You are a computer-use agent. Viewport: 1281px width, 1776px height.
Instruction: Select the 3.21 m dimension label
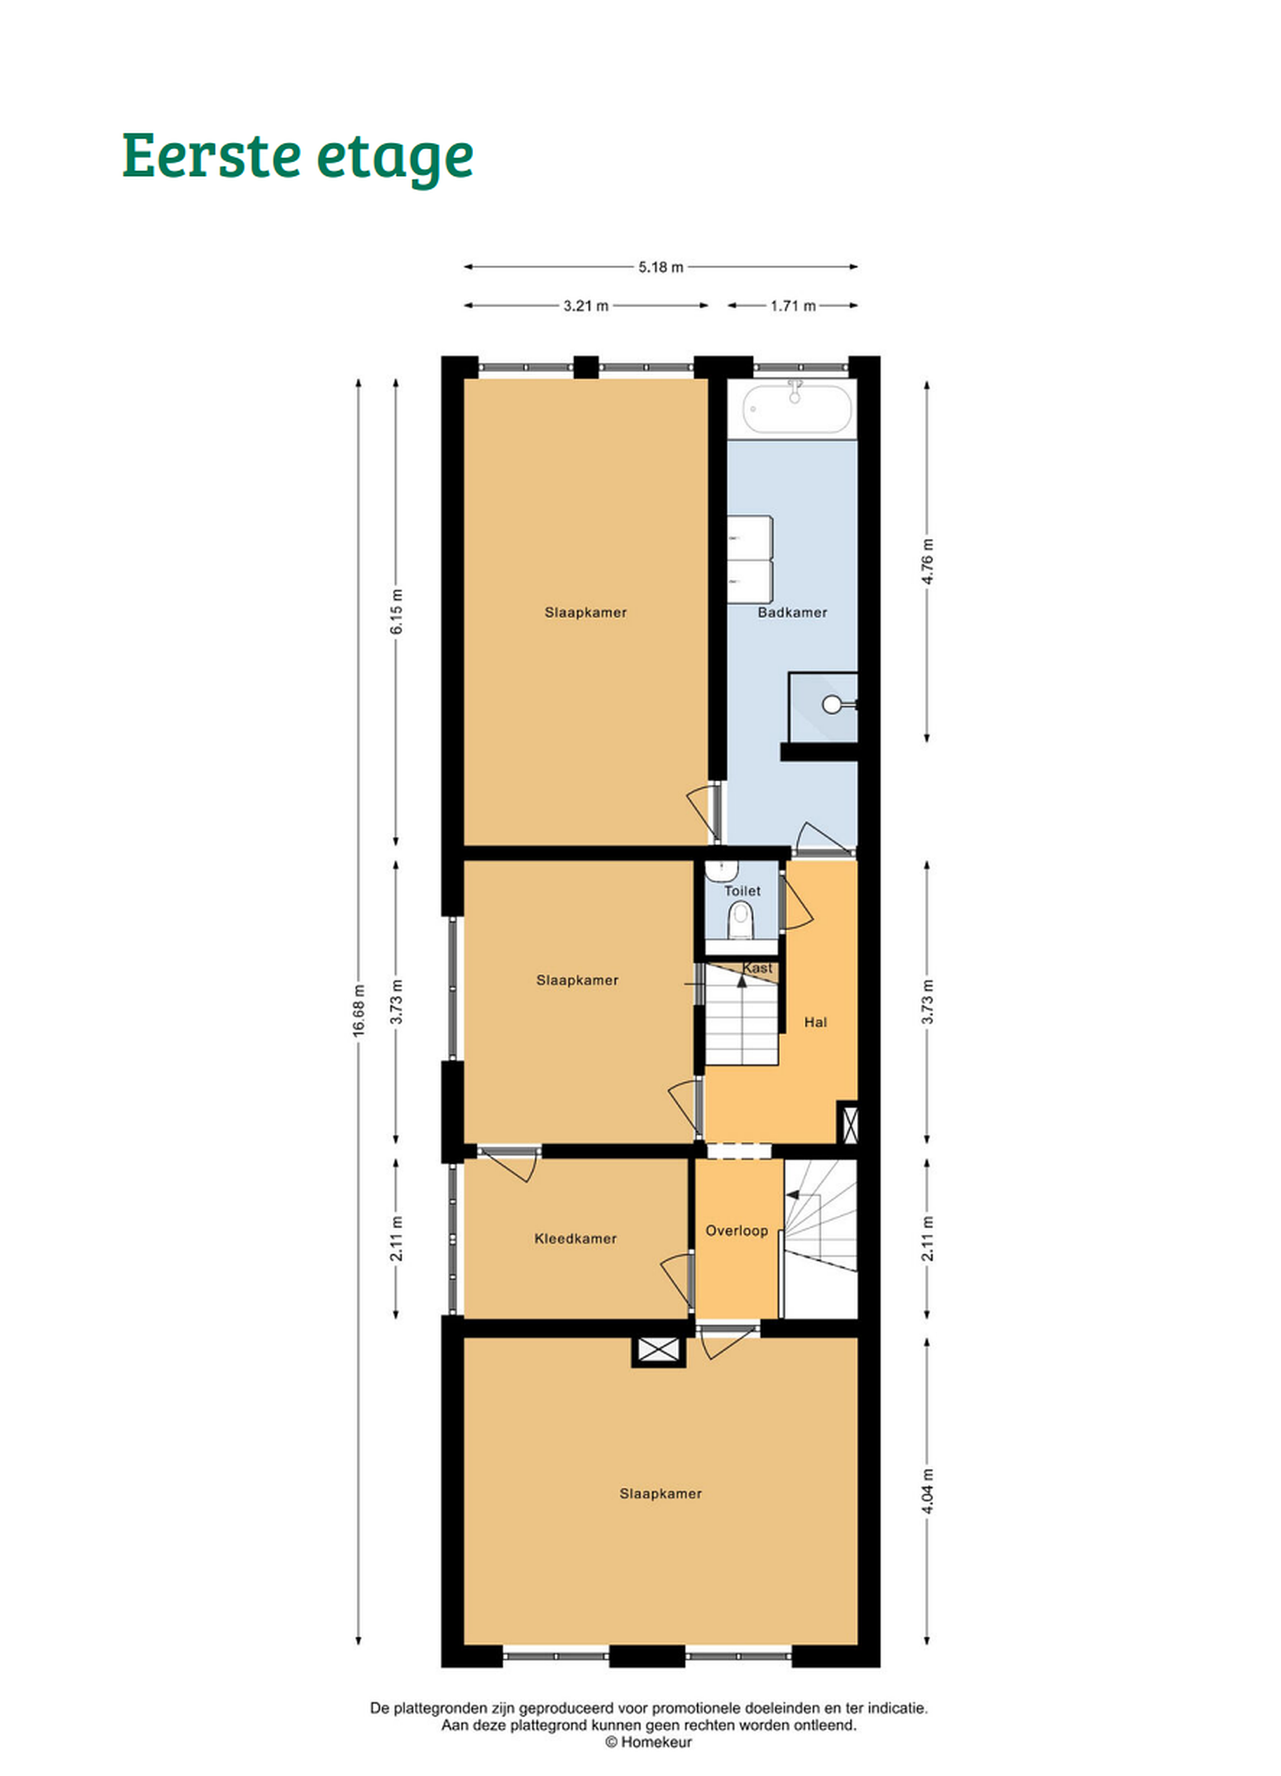586,305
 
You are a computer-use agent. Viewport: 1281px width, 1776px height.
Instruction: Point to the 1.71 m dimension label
793,305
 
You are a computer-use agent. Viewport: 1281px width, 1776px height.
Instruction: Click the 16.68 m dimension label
358,1010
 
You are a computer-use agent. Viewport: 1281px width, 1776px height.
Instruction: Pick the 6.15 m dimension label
396,612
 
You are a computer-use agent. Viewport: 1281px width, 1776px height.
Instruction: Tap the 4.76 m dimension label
927,561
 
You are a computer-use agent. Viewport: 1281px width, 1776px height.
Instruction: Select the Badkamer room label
792,612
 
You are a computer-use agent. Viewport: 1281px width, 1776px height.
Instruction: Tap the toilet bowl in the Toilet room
740,919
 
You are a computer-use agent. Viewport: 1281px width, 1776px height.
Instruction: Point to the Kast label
757,968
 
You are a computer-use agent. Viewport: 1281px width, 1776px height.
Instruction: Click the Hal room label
815,1022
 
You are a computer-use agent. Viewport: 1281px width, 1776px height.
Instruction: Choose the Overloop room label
736,1230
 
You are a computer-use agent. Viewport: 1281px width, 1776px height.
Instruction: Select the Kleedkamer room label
575,1238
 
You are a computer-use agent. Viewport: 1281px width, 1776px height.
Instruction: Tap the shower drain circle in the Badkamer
831,705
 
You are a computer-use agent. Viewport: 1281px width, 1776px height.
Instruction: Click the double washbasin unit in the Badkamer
750,559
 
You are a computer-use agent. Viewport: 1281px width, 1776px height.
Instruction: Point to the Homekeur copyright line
648,1741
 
